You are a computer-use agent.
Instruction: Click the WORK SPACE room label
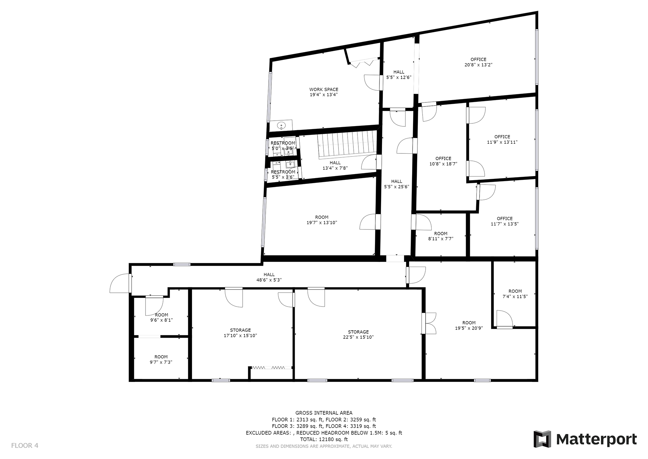324,92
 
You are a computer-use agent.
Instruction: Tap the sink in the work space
281,126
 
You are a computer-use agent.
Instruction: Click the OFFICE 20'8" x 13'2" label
478,62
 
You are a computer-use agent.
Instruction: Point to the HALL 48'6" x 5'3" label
269,277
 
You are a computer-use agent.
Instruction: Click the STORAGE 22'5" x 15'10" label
358,334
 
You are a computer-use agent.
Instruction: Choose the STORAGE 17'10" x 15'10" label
240,333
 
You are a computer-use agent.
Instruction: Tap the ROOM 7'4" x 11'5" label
515,294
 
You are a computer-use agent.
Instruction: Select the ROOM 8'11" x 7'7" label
440,236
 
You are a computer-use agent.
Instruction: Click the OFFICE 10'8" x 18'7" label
443,161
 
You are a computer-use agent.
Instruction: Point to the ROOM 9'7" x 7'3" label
161,359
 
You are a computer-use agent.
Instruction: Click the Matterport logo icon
542,439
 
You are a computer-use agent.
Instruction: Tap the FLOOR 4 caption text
25,445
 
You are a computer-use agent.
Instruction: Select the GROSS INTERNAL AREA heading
324,413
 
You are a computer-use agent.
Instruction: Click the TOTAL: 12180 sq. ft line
324,439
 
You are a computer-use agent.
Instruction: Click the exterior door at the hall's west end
121,283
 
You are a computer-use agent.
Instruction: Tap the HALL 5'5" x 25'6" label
397,184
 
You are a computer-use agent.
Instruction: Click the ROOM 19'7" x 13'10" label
322,220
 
